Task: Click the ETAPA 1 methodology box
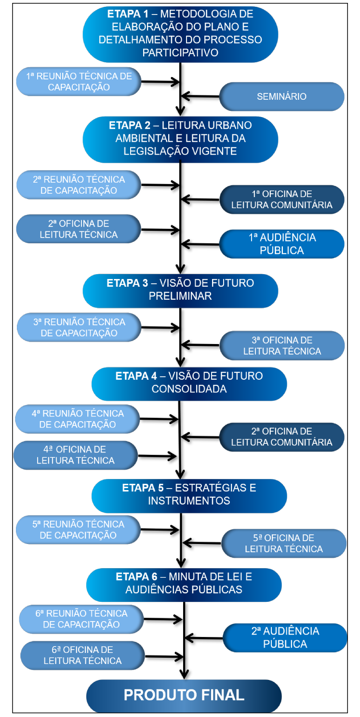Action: tap(180, 34)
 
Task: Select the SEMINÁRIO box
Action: tap(281, 96)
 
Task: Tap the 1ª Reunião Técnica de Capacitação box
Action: tap(79, 81)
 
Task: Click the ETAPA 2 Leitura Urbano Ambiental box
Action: tap(180, 139)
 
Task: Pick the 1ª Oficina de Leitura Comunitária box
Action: tap(281, 199)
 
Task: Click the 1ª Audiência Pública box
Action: tap(281, 244)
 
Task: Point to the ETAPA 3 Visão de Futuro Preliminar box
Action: tap(180, 291)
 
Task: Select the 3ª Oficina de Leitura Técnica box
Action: tap(282, 345)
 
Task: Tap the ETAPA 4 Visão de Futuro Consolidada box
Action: tap(189, 384)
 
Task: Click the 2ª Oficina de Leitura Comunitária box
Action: tap(281, 437)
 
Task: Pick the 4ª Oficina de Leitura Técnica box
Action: tap(76, 455)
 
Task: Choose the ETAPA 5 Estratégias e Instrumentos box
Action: tap(189, 495)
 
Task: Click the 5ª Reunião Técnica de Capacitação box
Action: tap(78, 530)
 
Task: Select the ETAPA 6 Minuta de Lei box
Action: tap(184, 584)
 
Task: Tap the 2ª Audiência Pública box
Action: tap(285, 637)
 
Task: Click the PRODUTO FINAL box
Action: tap(184, 695)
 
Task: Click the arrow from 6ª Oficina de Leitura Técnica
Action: tap(164, 656)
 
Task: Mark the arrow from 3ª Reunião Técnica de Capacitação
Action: tap(160, 328)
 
